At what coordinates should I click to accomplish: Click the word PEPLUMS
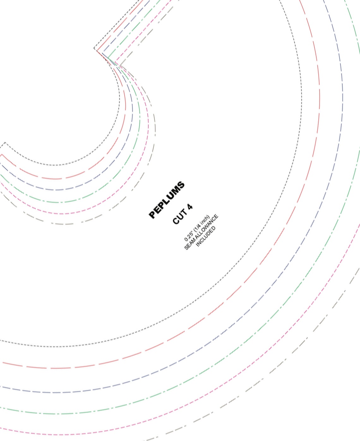pos(167,200)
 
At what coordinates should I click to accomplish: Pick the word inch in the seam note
pos(206,219)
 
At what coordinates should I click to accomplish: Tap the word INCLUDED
pos(206,237)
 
